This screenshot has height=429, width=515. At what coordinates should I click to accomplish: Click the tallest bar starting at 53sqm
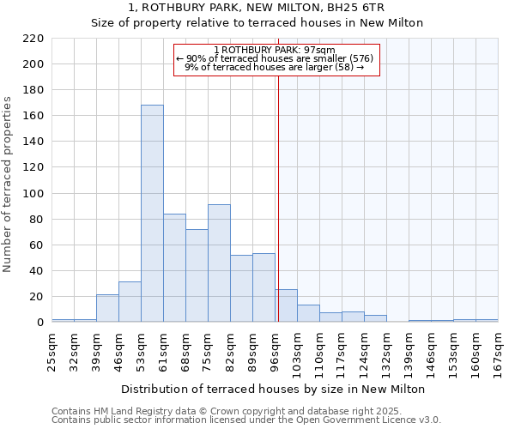[152, 214]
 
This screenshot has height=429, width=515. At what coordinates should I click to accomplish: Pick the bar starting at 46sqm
[130, 302]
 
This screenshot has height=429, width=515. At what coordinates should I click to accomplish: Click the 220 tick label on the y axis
[33, 39]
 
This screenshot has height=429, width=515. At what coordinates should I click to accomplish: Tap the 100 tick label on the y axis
[33, 194]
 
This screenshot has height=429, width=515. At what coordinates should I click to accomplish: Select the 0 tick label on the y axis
[40, 323]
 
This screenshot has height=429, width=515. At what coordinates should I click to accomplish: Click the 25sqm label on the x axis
[52, 349]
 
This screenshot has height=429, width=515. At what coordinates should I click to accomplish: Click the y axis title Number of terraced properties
[9, 184]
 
